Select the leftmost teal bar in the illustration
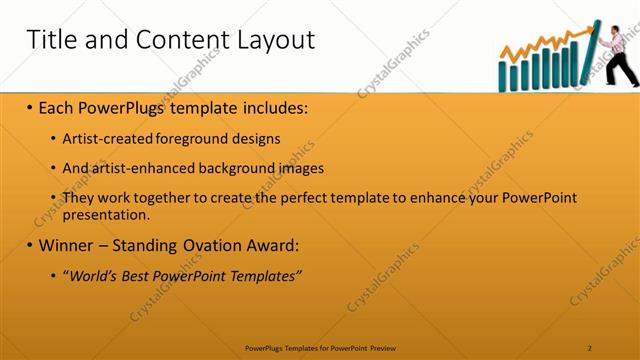503,79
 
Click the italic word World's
91,275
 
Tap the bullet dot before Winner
29,245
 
